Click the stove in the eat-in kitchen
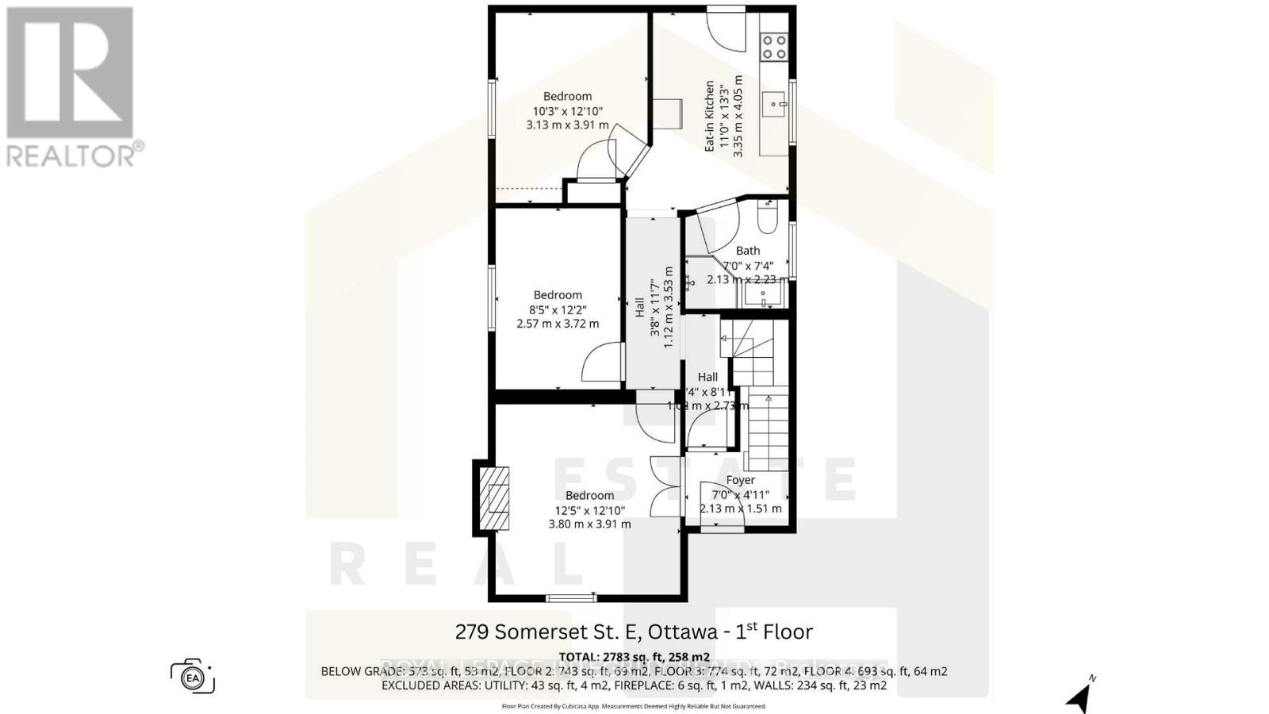point(773,47)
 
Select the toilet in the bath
point(767,214)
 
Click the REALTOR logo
point(72,86)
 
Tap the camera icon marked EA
point(192,678)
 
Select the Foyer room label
point(740,480)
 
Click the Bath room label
point(747,251)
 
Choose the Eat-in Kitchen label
point(711,116)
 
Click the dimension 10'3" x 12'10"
point(567,111)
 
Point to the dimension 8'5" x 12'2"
point(558,309)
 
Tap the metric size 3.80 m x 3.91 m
point(589,524)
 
